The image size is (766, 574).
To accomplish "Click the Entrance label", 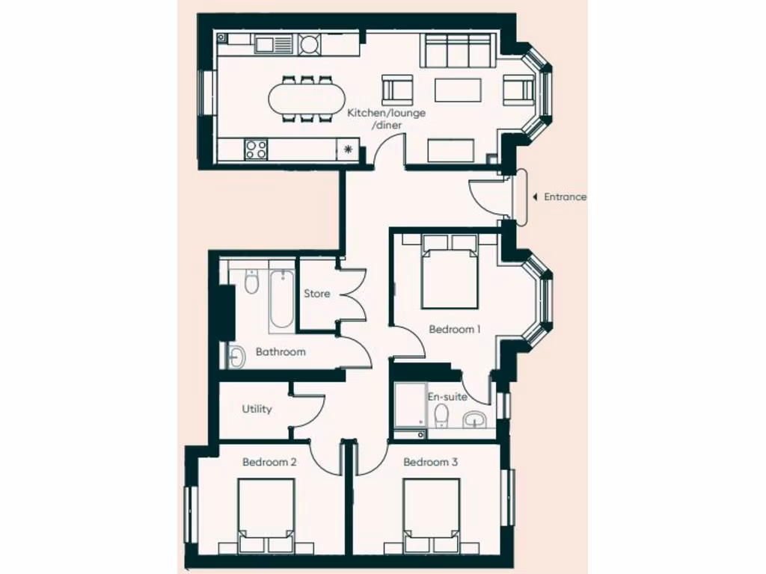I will click(x=565, y=197).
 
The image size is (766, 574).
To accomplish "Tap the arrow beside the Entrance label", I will click(x=535, y=197).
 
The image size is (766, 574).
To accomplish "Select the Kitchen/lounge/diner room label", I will click(x=386, y=119).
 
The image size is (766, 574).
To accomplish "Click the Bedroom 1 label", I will click(x=454, y=329).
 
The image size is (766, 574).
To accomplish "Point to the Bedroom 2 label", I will click(x=269, y=463).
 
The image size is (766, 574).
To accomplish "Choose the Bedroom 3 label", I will click(x=430, y=463).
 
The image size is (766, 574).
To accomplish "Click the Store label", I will click(x=316, y=294).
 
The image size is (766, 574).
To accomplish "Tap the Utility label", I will click(x=257, y=409).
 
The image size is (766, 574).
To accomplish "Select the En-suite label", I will click(x=447, y=397).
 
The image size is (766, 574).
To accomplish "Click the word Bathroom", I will click(x=281, y=351).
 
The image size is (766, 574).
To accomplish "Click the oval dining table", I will click(x=307, y=98).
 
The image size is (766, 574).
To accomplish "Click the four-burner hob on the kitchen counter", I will click(x=255, y=149).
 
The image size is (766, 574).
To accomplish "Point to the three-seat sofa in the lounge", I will click(x=458, y=51).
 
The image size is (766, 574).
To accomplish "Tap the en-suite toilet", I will click(x=442, y=416).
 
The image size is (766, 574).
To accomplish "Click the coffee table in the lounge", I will click(x=457, y=90).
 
